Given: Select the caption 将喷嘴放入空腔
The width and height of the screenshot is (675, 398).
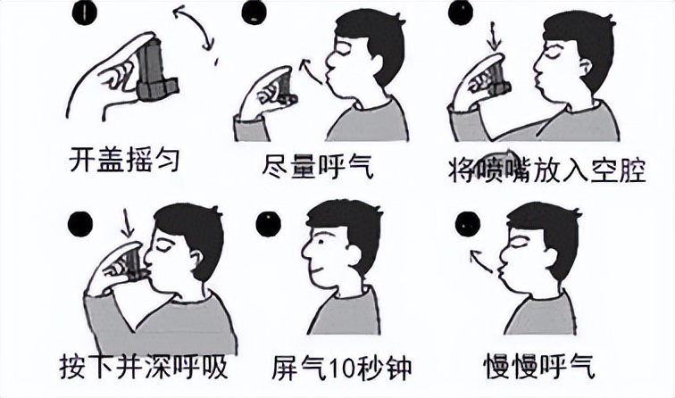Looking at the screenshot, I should (546, 170).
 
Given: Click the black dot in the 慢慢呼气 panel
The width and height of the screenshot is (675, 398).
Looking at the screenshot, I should (468, 222).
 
